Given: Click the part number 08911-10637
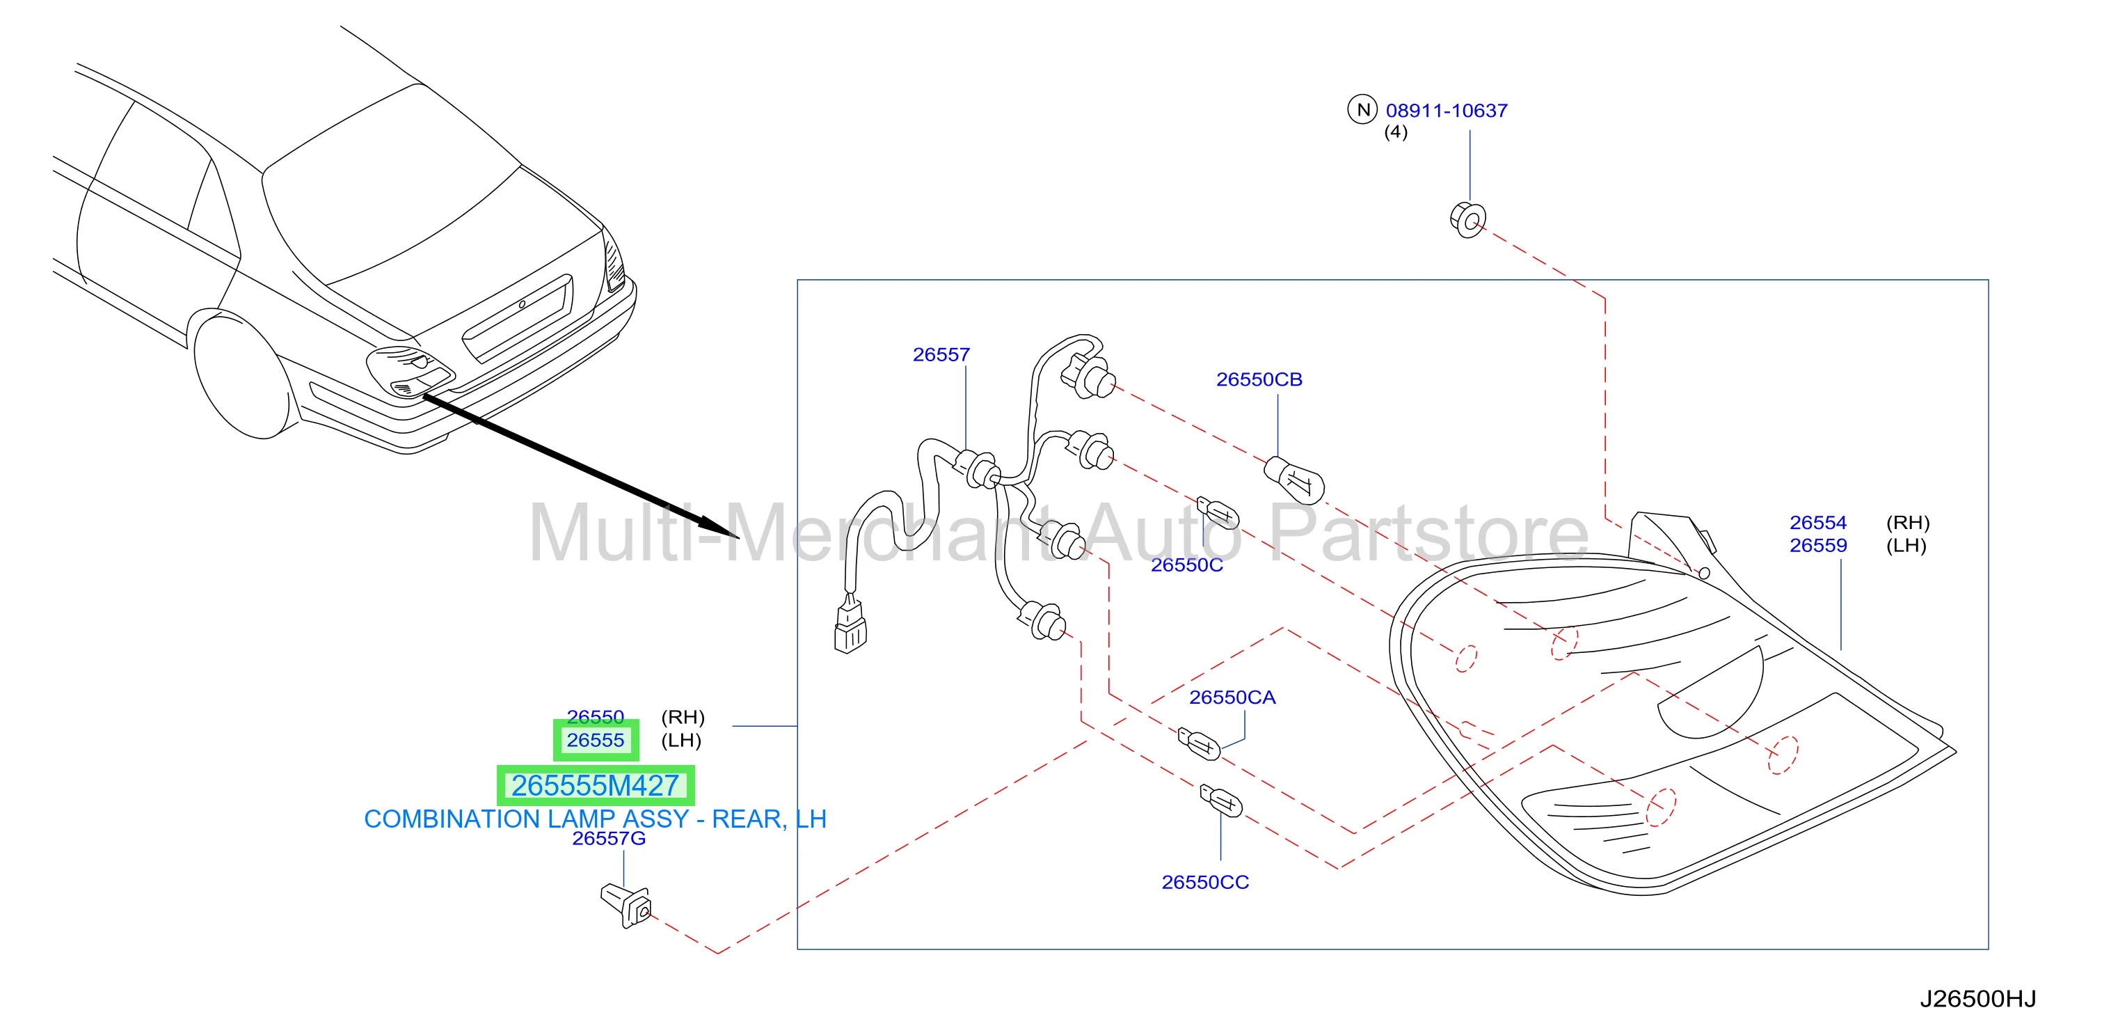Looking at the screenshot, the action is pos(1447,110).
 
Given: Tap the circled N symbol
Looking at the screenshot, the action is pos(1362,109).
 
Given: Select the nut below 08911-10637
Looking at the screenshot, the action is pos(1467,219).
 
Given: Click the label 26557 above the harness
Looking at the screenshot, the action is pos(941,354).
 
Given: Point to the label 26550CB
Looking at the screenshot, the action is pos(1259,379).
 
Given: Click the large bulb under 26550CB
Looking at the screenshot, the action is pos(1293,480).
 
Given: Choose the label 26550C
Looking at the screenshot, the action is pos(1186,565).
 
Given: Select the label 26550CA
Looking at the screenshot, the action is pos(1232,697).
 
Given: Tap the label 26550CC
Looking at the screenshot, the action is pos(1204,882).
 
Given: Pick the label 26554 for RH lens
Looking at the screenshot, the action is pos(1818,522).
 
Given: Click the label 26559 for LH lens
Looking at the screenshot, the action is pos(1818,545).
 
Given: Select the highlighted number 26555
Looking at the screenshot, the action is pos(596,740).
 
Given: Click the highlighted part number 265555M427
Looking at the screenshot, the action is pos(596,785).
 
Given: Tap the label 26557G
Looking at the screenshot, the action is pos(608,838).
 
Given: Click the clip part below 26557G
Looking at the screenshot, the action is pos(626,905).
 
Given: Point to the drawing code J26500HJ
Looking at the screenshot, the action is pos(1977,1000).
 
